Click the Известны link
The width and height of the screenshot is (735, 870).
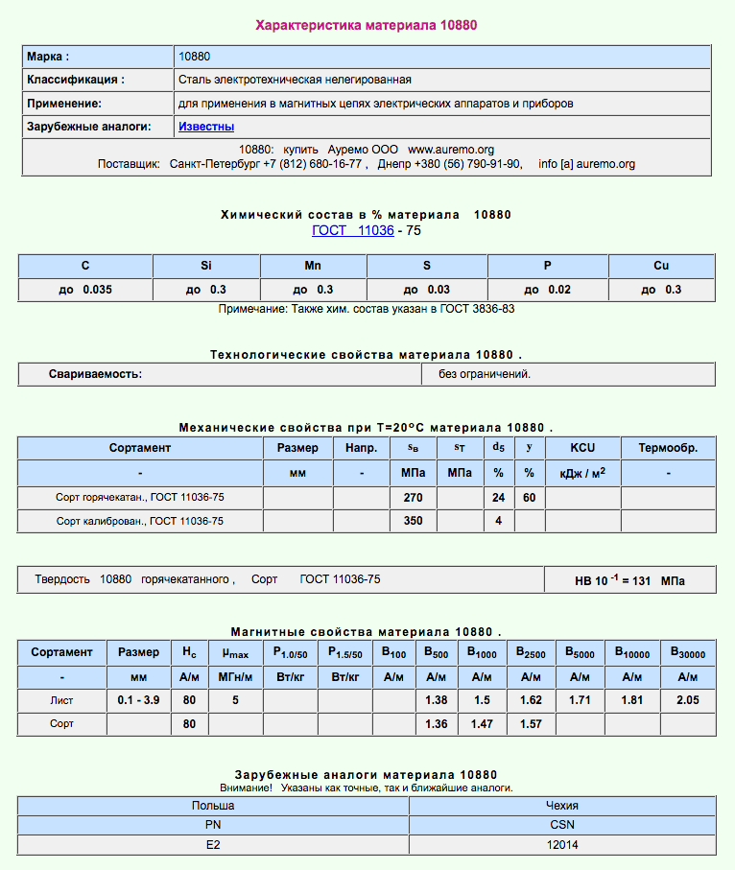pos(206,127)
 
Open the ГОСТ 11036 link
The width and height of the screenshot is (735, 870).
pos(352,231)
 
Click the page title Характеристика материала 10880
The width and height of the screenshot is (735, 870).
pos(367,25)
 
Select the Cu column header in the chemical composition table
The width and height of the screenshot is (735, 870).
pos(661,266)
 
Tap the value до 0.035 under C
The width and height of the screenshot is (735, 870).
pos(85,290)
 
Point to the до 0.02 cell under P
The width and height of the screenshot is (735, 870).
pos(548,290)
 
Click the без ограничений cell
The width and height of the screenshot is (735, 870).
pos(485,374)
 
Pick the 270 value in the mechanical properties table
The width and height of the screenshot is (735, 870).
pos(413,497)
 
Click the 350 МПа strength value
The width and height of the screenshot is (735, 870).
pos(413,521)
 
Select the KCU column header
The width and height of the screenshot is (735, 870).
pos(581,448)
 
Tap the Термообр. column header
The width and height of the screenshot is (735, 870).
pos(668,448)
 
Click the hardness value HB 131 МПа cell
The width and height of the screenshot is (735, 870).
pos(629,580)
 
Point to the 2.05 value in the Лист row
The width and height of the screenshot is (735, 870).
pos(687,701)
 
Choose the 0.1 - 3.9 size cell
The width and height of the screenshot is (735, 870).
pos(138,701)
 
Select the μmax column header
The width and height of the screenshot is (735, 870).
pos(235,653)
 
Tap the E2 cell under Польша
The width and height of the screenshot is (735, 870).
pos(213,845)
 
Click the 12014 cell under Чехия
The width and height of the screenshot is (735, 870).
pos(562,845)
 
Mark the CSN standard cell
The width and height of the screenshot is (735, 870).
pos(562,825)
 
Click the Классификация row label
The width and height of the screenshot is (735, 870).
pos(76,80)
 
